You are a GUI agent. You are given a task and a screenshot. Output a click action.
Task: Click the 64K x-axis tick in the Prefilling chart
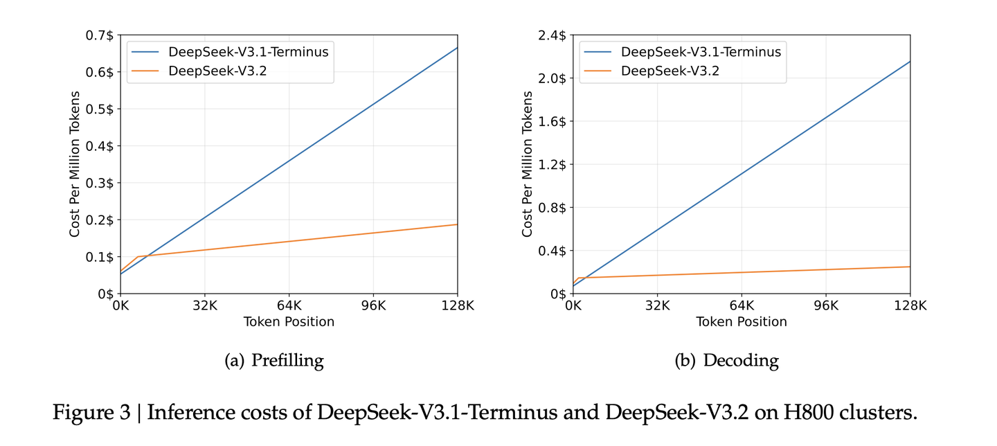tap(289, 305)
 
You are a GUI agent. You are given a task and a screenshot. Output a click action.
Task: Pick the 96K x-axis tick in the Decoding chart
tap(826, 305)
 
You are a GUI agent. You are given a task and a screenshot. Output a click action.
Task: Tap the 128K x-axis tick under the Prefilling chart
tap(457, 305)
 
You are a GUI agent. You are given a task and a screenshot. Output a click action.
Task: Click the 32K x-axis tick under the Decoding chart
tap(657, 305)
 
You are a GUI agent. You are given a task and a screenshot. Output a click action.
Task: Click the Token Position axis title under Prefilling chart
tap(289, 322)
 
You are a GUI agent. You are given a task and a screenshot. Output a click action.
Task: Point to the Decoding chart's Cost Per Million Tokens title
tap(528, 164)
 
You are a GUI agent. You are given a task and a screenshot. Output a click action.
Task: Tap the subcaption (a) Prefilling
tap(275, 360)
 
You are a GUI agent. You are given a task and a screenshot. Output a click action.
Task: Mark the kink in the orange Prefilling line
tap(137, 257)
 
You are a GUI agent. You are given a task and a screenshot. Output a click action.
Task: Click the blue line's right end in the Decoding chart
tap(910, 62)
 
